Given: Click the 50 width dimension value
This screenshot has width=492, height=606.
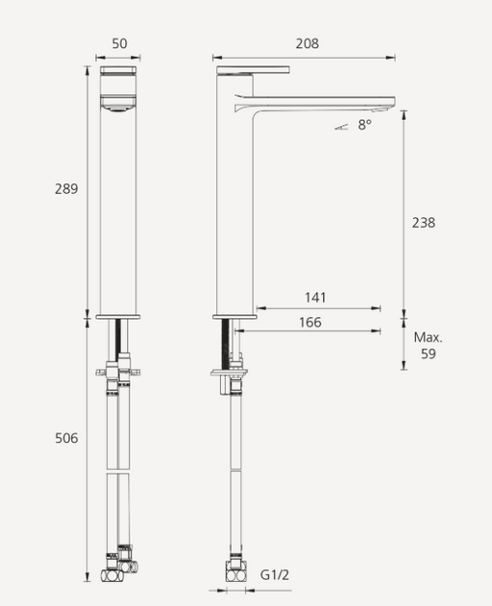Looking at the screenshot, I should (119, 44).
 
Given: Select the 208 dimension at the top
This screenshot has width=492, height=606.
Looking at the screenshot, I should (307, 44).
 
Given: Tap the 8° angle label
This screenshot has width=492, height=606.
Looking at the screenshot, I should (364, 125).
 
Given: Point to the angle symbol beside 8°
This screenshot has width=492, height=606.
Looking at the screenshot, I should (343, 125).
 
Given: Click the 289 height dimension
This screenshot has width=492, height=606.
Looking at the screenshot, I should (66, 189).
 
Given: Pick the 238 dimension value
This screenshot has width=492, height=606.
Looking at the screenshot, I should (423, 222).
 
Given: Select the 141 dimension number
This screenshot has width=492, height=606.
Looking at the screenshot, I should (315, 298).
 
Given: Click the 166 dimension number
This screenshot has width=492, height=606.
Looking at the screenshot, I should (310, 323).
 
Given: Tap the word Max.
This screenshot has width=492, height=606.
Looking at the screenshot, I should (429, 337).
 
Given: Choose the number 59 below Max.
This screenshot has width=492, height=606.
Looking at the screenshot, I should (429, 353).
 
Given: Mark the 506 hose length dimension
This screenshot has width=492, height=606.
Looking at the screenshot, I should (66, 439).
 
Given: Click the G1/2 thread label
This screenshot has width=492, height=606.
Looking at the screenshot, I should (275, 574).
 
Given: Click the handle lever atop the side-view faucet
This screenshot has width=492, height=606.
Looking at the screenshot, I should (253, 70).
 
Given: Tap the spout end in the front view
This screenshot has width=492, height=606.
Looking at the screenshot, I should (120, 104).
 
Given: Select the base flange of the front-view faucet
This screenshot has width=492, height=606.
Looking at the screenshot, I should (120, 316).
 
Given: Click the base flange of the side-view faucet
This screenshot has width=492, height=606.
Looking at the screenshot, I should (234, 316).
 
